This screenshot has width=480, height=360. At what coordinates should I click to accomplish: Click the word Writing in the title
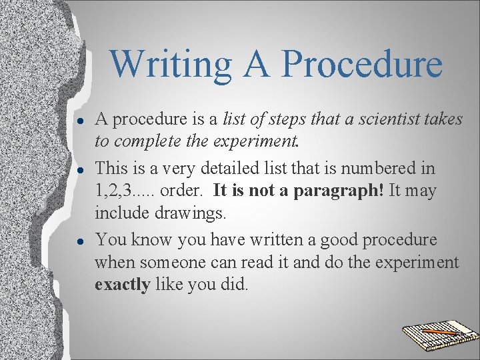coord(171,64)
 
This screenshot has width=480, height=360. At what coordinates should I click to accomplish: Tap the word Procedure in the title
coord(362,64)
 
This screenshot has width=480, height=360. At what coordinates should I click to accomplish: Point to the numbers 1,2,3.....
coord(118,191)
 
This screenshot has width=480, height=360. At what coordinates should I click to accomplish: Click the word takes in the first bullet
coord(443,119)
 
